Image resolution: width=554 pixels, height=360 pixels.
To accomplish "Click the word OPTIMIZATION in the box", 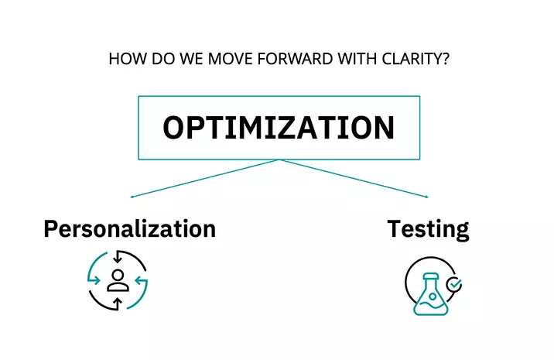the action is coord(279,128).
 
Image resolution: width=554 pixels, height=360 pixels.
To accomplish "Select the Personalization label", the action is coord(130,229).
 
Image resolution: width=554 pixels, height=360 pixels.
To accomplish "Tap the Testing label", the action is coord(428,230).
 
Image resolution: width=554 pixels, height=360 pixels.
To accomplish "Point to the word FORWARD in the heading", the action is coord(295,59).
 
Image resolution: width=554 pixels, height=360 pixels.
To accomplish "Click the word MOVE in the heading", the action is coord(230,59).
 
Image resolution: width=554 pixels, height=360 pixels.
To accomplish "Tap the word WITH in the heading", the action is coord(357,59).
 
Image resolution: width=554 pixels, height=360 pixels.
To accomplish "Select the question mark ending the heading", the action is coord(445,59).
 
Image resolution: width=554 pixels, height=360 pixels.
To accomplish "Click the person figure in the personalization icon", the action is coord(118,281).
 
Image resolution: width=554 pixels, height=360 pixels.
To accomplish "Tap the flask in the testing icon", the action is coord(431,294).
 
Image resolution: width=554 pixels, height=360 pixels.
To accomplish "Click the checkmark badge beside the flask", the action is coord(454,284).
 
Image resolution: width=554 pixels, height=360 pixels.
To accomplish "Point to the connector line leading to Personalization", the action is coord(205,178).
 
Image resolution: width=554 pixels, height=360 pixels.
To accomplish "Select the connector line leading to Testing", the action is coord(354,178).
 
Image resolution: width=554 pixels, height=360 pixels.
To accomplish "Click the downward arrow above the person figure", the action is coord(118,257).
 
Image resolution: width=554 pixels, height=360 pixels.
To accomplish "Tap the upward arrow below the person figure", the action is coord(118,304).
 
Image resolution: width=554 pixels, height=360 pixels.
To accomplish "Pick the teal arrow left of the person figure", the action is coord(94,281).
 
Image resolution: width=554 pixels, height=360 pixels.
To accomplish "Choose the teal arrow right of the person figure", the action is coord(142,281).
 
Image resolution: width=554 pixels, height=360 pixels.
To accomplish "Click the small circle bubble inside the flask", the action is coord(432,296).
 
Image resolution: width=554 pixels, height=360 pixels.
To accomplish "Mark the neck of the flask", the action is coord(431,282).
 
